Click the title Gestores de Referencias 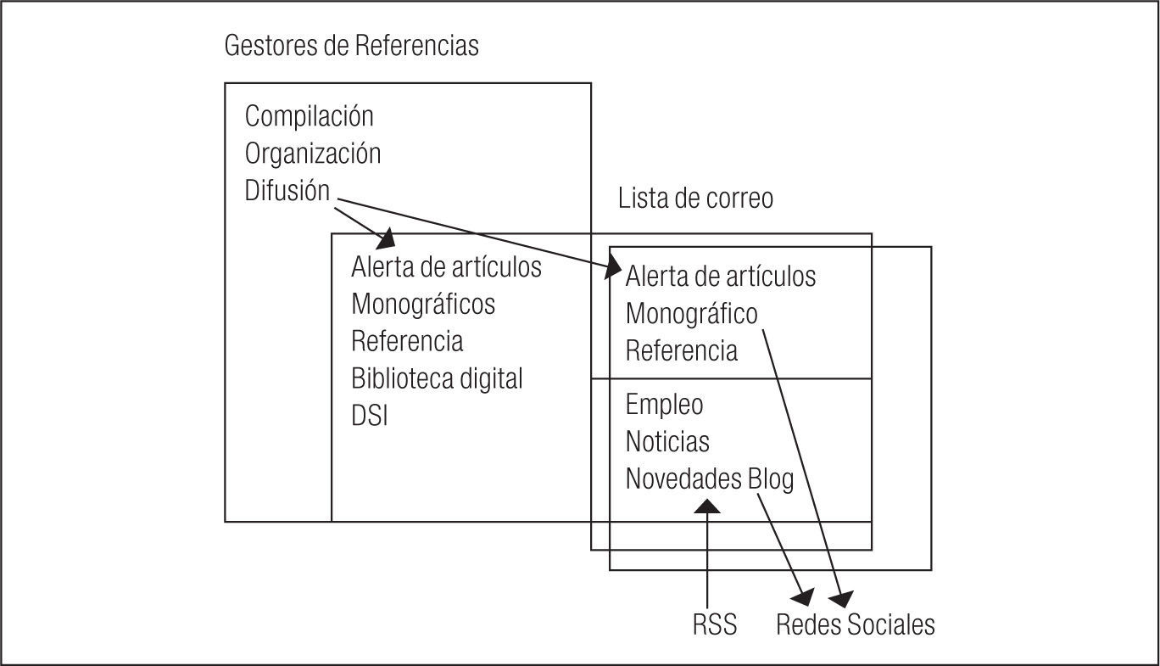tap(351, 46)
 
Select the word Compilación tap(309, 115)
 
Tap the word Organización tap(313, 154)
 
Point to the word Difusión tap(287, 191)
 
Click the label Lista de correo tap(695, 199)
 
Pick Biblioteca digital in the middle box tap(437, 378)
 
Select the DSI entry tap(369, 416)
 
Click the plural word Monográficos tap(423, 304)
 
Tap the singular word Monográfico tap(691, 314)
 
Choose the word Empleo tap(664, 405)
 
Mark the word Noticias tap(667, 442)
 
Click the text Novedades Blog tap(710, 479)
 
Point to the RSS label tap(715, 625)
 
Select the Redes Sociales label tap(856, 625)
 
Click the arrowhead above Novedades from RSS tap(707, 506)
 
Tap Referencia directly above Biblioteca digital tap(407, 341)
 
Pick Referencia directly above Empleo tap(682, 351)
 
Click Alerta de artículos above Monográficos tap(446, 266)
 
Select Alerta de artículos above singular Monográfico tap(721, 277)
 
